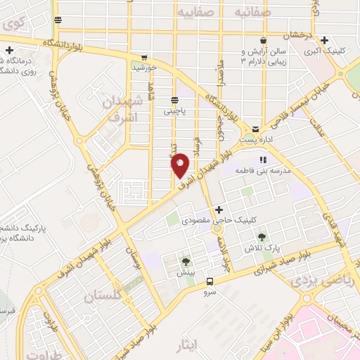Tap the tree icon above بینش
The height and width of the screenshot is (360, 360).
point(186,262)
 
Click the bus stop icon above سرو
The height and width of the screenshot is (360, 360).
point(210,281)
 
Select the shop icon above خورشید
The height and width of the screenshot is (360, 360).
point(144,58)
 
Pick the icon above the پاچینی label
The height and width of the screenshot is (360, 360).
point(174,100)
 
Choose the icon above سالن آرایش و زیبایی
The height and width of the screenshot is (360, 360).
point(262,40)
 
